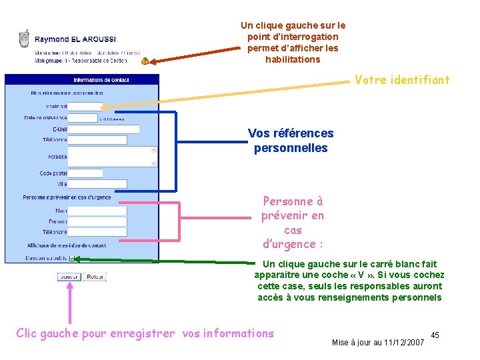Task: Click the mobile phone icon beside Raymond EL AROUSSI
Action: [x=24, y=39]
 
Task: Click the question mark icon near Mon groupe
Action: [x=145, y=61]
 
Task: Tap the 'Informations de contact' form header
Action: [x=101, y=79]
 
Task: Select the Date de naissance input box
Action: [x=83, y=118]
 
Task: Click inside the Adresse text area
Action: [x=111, y=157]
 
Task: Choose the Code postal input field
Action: [x=85, y=173]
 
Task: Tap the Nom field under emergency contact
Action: [x=97, y=211]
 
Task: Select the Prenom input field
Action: [x=97, y=221]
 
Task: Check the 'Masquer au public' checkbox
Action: [x=73, y=259]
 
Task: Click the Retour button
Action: [x=95, y=277]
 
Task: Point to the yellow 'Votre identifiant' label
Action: [x=402, y=80]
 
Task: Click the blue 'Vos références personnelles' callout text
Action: [x=291, y=141]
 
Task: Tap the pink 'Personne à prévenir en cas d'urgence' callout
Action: [x=293, y=223]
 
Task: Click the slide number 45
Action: [x=435, y=334]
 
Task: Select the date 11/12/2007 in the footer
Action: [x=404, y=343]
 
